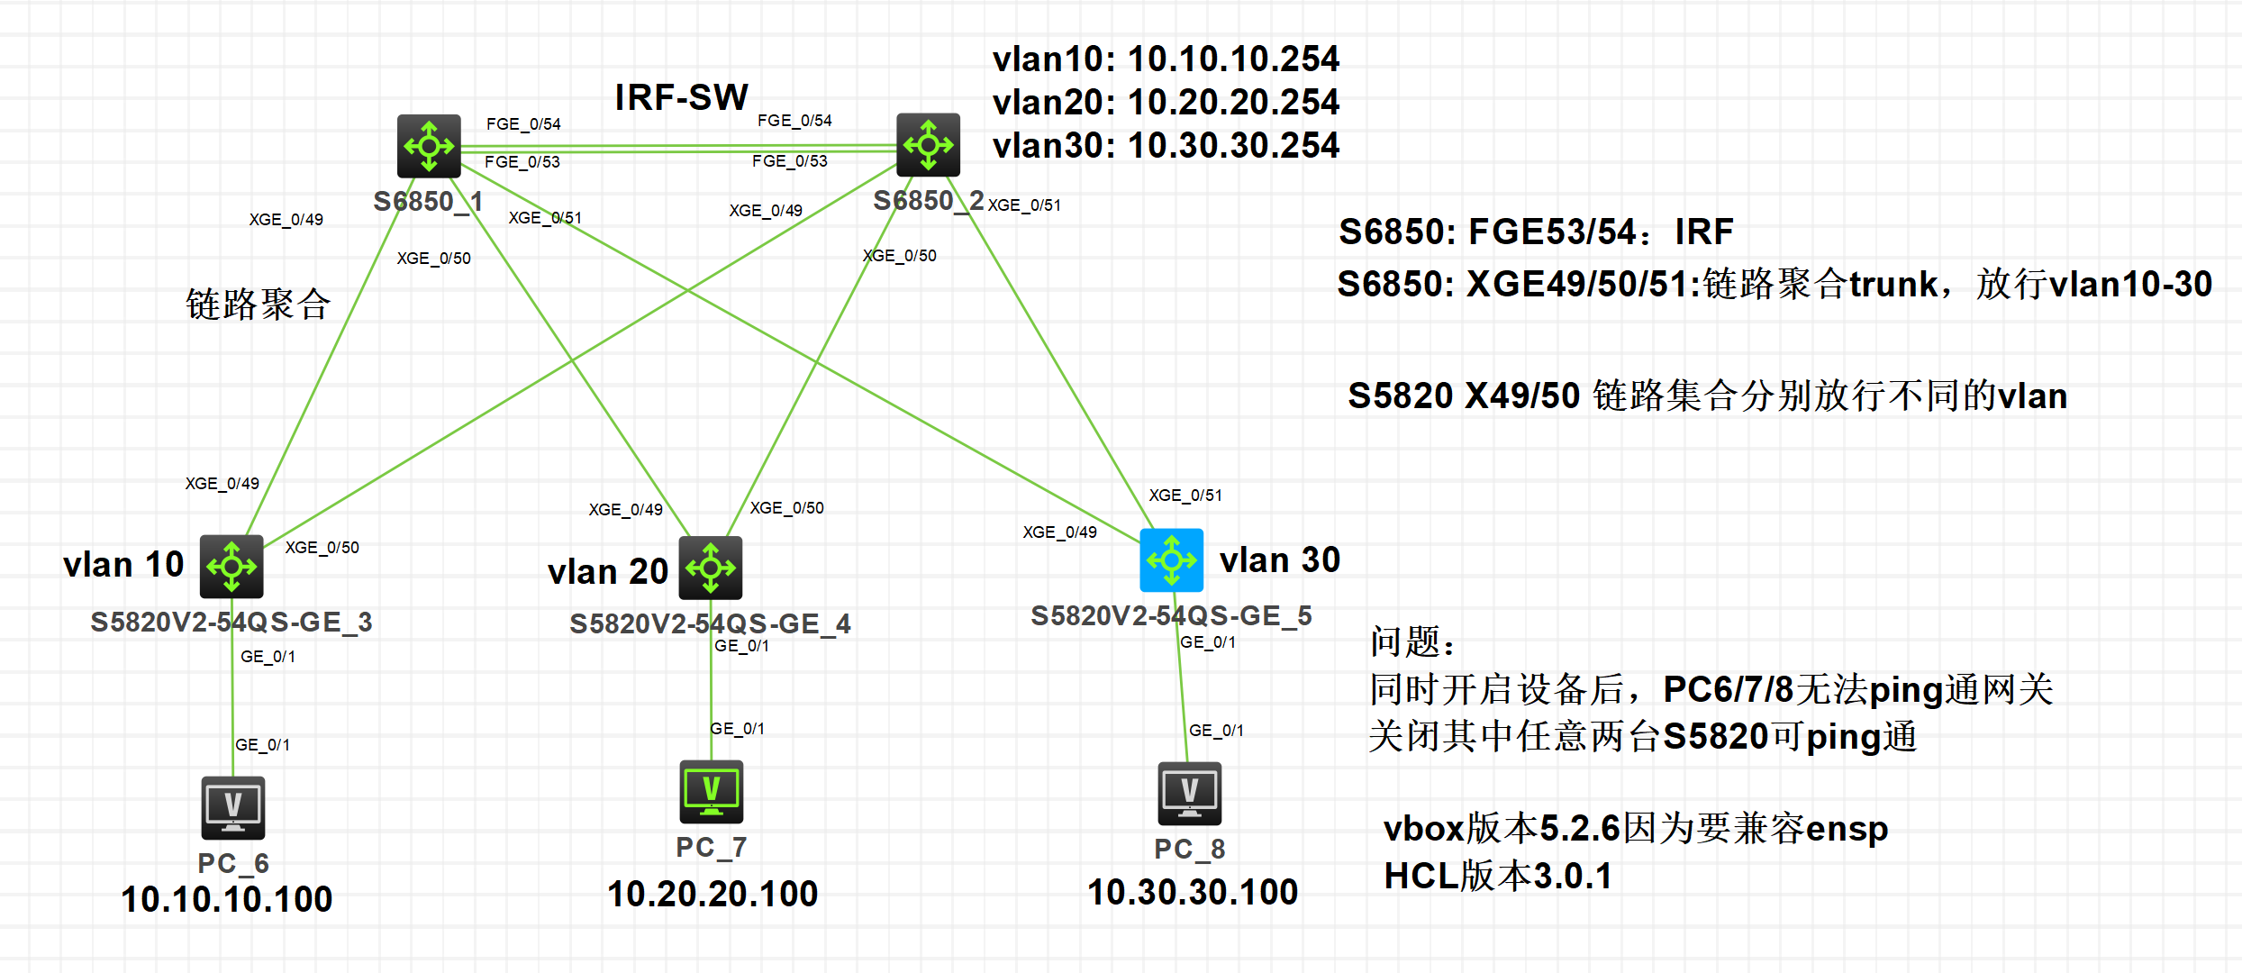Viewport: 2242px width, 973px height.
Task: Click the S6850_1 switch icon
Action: point(429,145)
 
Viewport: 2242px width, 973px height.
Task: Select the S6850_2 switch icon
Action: point(928,144)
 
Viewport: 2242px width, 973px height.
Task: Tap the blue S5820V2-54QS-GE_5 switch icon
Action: point(1171,559)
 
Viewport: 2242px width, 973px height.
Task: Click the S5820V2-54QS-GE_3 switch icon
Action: point(231,566)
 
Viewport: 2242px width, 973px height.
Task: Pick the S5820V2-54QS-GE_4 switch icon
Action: point(710,568)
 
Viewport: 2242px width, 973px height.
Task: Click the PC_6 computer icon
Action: point(232,807)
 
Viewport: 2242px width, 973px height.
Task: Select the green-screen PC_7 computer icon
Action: point(711,792)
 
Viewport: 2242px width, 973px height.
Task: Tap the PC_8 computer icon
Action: point(1189,794)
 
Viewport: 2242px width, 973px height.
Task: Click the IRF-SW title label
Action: point(681,97)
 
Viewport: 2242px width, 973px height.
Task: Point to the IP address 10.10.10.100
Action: point(227,899)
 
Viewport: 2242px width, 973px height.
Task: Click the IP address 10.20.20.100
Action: point(713,894)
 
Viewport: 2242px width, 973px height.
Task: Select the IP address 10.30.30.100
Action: point(1193,892)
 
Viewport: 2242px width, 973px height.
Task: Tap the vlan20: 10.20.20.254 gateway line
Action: point(1166,102)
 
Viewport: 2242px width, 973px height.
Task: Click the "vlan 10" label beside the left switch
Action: point(123,565)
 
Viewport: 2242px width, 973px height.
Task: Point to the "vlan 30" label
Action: point(1279,559)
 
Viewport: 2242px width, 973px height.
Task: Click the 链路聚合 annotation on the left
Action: point(259,304)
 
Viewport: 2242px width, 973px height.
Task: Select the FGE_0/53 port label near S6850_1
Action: point(522,162)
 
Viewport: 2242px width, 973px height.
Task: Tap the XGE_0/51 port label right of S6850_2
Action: point(1024,205)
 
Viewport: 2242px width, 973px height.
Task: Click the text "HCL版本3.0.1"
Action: point(1497,876)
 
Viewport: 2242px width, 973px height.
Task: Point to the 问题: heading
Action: point(1412,641)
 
